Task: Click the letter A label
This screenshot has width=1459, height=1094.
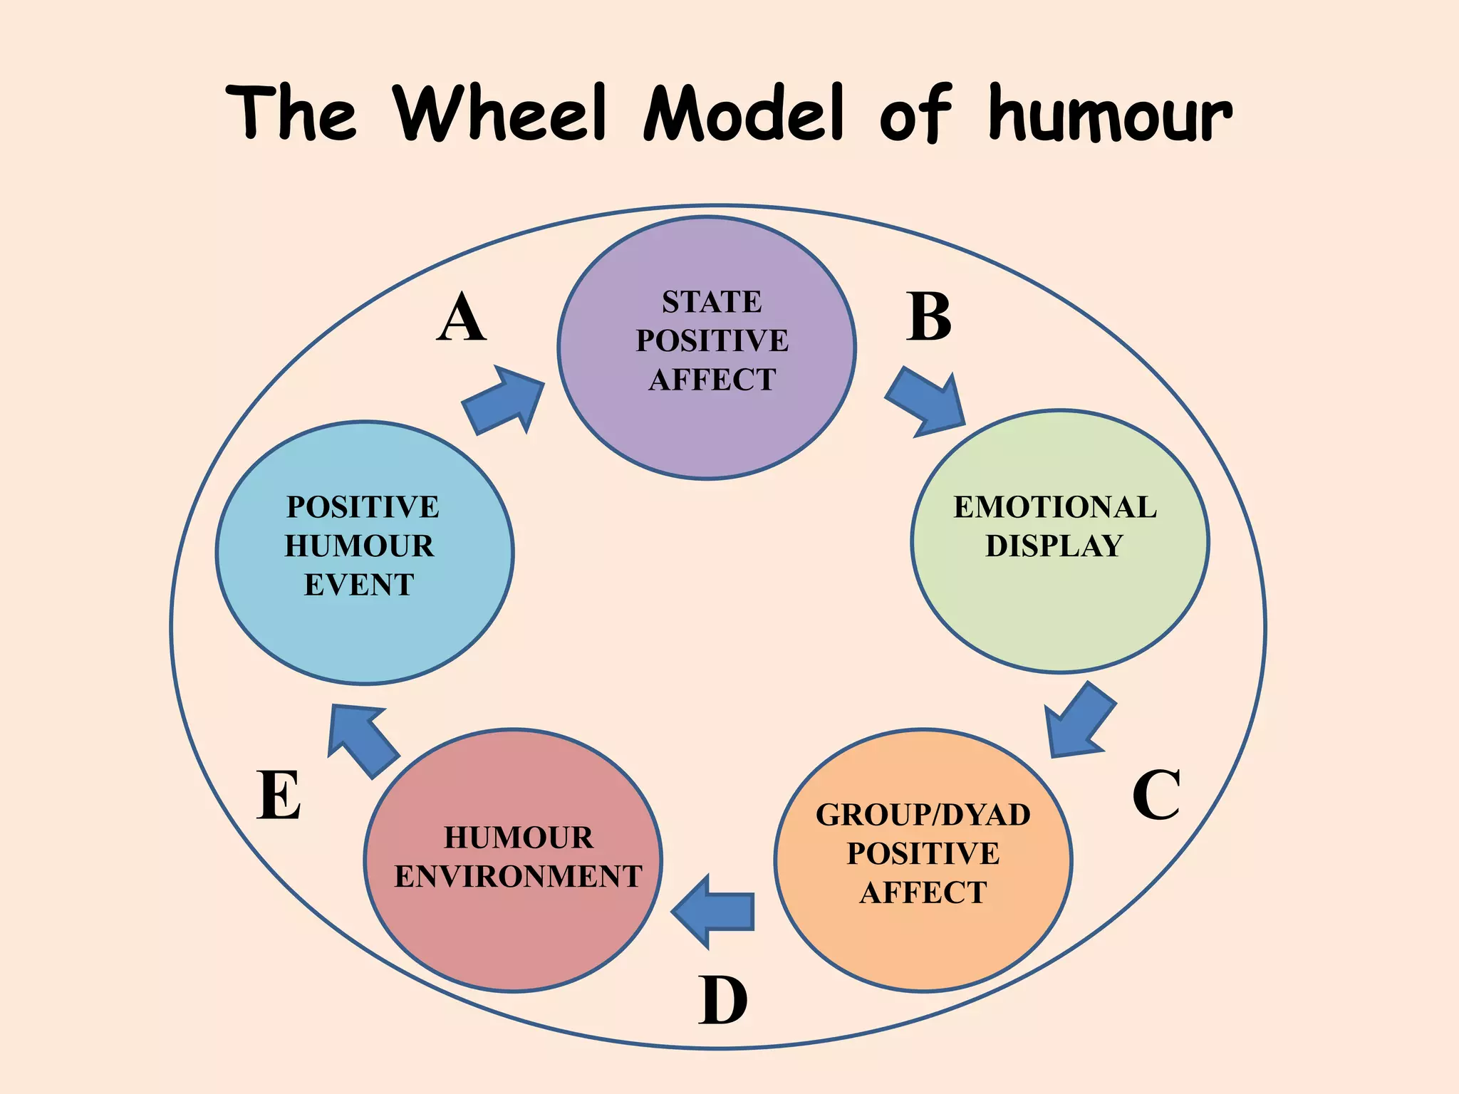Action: click(x=462, y=318)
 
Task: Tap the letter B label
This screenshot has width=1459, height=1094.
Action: click(x=929, y=318)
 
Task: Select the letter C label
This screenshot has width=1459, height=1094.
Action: click(x=1156, y=795)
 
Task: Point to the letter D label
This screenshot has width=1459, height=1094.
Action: click(x=722, y=1000)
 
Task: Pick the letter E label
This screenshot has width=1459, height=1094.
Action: click(x=279, y=796)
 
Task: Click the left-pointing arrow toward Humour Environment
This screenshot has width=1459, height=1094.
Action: click(x=713, y=912)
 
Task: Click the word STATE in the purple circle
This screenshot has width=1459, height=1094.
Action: click(x=712, y=302)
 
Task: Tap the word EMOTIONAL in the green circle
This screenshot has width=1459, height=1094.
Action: click(x=1055, y=507)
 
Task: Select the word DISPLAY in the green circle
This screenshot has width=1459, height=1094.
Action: click(x=1054, y=546)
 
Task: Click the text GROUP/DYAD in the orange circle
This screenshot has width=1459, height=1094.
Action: click(x=923, y=815)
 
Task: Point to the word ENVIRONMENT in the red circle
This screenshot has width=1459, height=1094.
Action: click(x=518, y=877)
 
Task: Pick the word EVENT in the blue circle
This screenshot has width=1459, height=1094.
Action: click(x=359, y=585)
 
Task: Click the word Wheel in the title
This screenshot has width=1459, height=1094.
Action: click(x=502, y=114)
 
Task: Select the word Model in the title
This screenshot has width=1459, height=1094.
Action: click(x=744, y=114)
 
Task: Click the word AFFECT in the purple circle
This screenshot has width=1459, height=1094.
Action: click(x=712, y=380)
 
